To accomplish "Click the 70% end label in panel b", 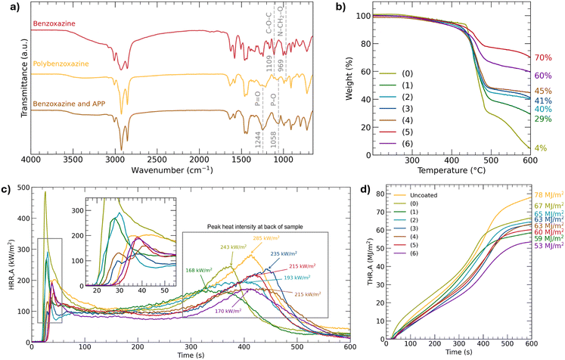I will pos(544,57).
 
